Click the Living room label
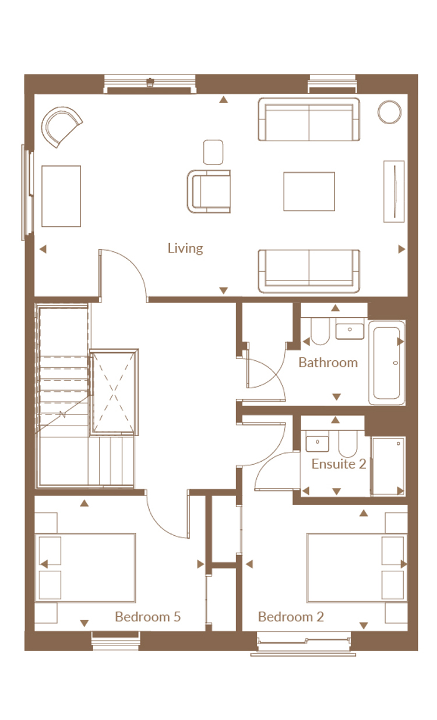[x=185, y=248]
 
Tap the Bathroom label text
[x=328, y=363]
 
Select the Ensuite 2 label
[x=339, y=464]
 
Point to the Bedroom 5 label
[x=148, y=616]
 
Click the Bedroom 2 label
[x=291, y=616]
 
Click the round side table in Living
[x=389, y=112]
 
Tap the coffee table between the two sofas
[x=309, y=192]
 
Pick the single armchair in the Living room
[x=209, y=192]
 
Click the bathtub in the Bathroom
[x=387, y=363]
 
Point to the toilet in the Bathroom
[x=320, y=331]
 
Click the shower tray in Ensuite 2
[x=388, y=466]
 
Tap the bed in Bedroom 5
[x=85, y=568]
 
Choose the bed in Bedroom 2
[x=357, y=568]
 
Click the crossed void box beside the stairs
[x=114, y=392]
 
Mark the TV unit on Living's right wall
[x=394, y=192]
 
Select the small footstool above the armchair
[x=213, y=152]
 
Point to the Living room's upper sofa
[x=309, y=120]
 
